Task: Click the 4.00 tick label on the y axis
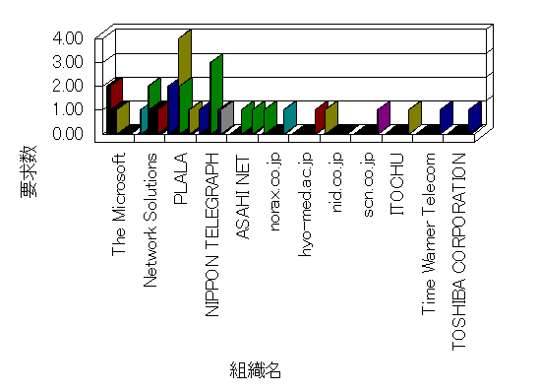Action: (x=68, y=37)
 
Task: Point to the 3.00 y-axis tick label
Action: (x=68, y=62)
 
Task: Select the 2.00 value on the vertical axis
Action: (x=68, y=86)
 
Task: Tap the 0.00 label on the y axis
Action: (x=68, y=133)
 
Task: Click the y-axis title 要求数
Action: (x=29, y=171)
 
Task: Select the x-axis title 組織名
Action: (x=256, y=370)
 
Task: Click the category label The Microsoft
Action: (x=119, y=205)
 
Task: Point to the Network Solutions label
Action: (x=150, y=221)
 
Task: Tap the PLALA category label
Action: (x=180, y=178)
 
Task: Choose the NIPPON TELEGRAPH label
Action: (x=211, y=234)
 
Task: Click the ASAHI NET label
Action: (x=243, y=198)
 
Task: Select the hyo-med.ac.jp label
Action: (x=305, y=205)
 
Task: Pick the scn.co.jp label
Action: (x=368, y=185)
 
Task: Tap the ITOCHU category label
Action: (x=397, y=184)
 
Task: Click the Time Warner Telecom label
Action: (x=428, y=234)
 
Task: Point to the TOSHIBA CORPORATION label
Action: (x=459, y=252)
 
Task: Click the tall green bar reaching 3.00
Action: (x=216, y=93)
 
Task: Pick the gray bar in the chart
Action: (x=227, y=117)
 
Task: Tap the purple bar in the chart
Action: (x=384, y=117)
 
